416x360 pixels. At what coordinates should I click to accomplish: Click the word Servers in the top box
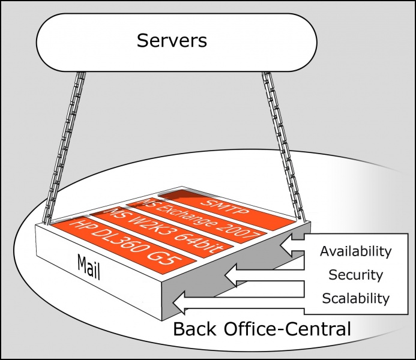(172, 41)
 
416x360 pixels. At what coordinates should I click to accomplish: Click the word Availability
(355, 251)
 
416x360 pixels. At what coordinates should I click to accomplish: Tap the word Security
(355, 275)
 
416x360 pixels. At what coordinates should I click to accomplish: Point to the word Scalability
(355, 298)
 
